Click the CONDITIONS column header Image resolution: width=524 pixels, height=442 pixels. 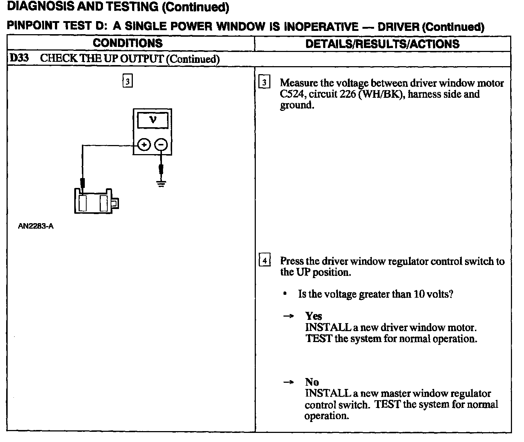(x=128, y=43)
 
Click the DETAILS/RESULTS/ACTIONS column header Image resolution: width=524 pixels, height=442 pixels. (x=382, y=44)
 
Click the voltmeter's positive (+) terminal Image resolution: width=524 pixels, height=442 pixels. (x=144, y=145)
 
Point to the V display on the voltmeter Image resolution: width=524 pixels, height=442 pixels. (x=153, y=120)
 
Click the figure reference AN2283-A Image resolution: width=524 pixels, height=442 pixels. (x=36, y=226)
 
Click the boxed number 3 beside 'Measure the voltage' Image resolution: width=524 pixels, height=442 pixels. (x=264, y=83)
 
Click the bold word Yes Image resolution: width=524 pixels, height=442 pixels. (x=314, y=316)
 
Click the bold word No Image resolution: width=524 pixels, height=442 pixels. (x=312, y=382)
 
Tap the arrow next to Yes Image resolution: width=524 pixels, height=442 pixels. (x=288, y=316)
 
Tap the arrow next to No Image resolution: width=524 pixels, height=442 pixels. (x=288, y=382)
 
